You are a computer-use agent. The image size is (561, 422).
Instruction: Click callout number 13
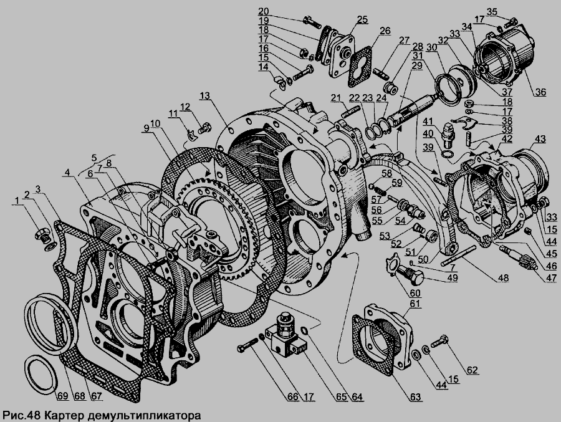tap(205, 95)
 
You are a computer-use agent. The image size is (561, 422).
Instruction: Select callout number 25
tap(362, 19)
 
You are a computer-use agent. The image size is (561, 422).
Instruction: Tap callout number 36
tap(540, 92)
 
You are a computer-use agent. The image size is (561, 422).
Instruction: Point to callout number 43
tap(540, 139)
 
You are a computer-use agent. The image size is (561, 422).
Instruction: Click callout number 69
tap(62, 396)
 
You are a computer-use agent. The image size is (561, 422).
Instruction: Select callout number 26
tap(385, 31)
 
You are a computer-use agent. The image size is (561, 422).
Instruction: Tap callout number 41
tap(427, 121)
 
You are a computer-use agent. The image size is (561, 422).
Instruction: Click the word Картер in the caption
tap(64, 416)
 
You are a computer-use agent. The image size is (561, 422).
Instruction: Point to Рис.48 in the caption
tap(22, 416)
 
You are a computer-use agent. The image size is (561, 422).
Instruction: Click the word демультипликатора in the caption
tap(144, 416)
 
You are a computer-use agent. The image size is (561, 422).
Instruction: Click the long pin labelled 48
tap(458, 255)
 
